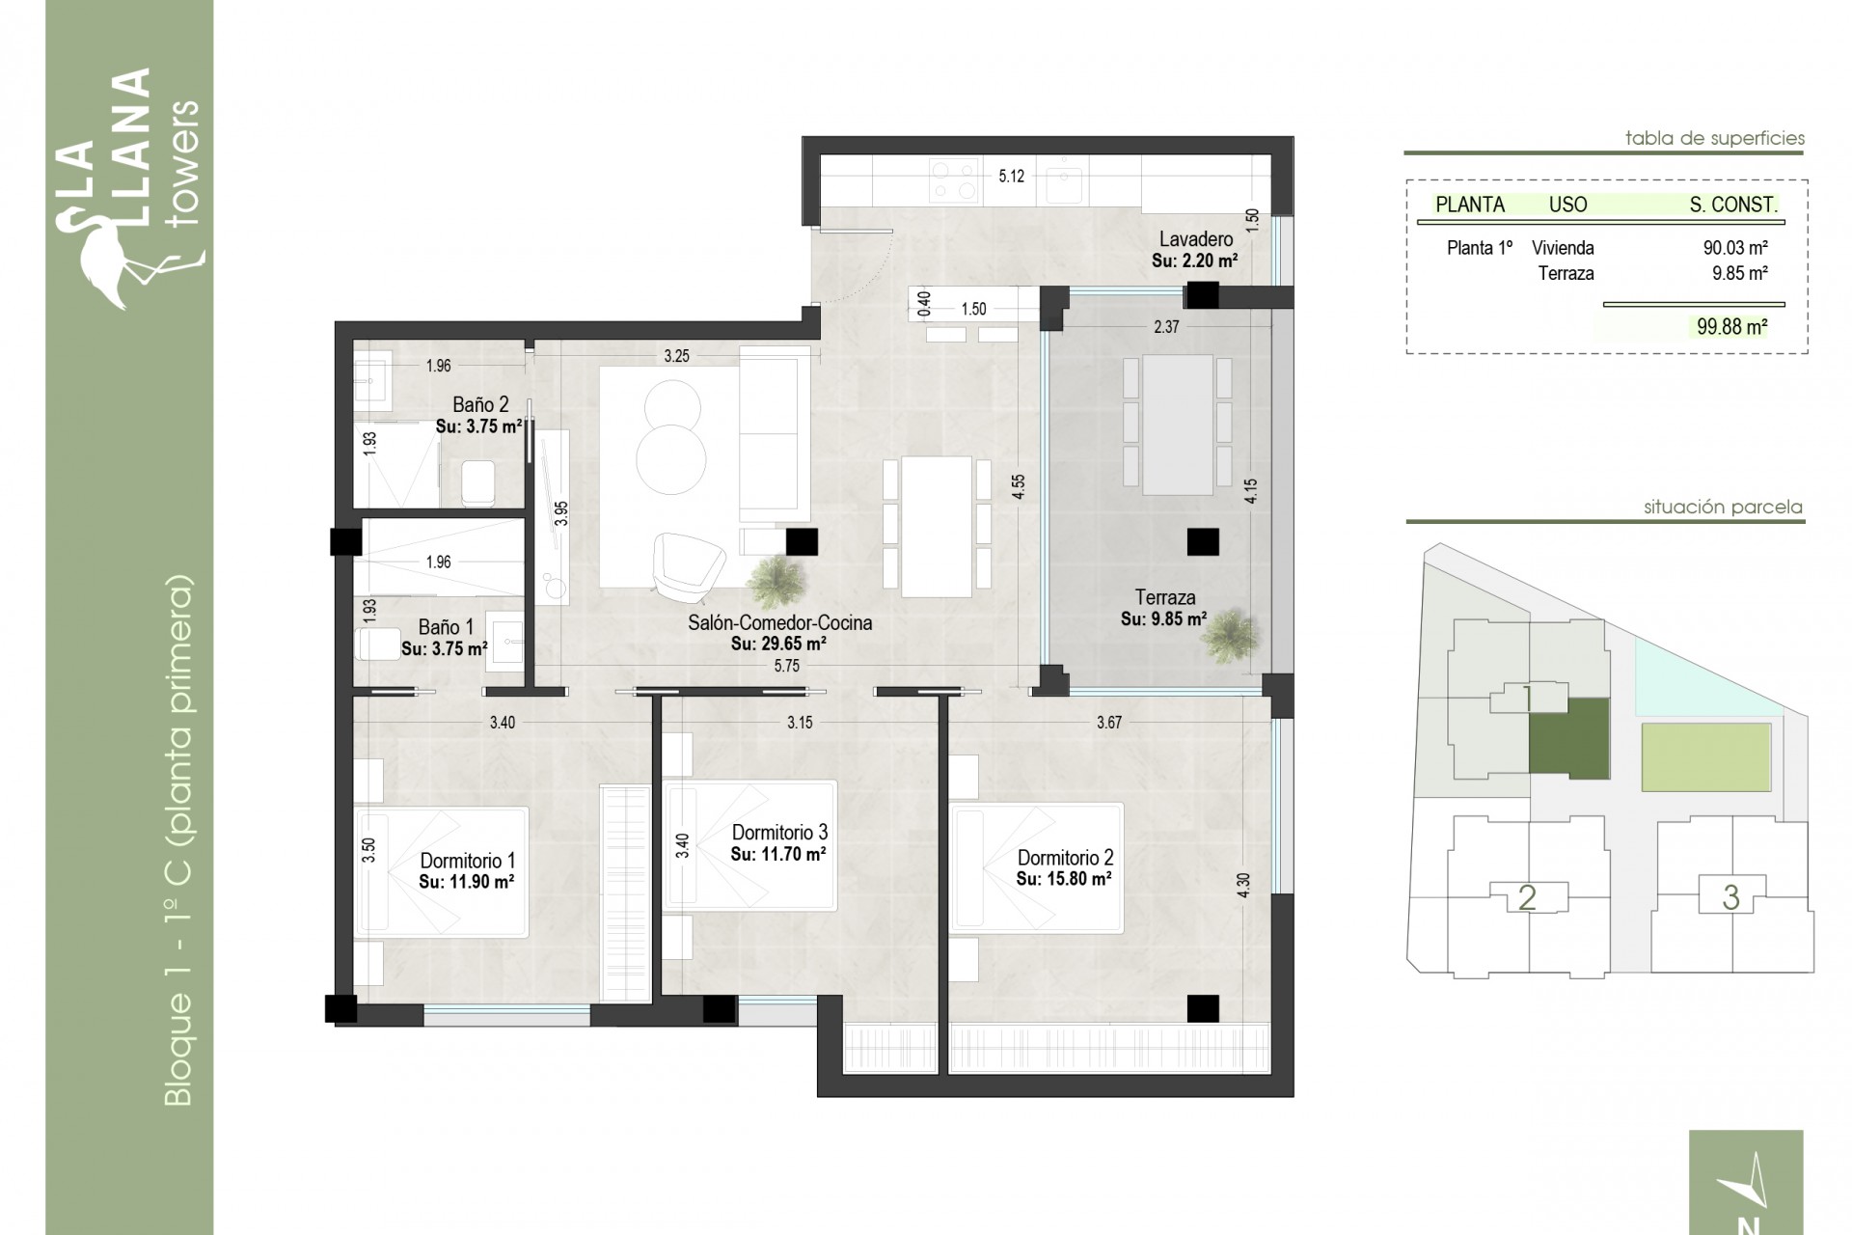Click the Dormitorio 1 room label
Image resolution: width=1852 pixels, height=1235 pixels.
[x=467, y=860]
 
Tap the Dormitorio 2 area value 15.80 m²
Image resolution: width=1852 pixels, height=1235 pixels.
[x=1063, y=879]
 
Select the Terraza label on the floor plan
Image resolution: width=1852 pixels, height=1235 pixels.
[x=1164, y=597]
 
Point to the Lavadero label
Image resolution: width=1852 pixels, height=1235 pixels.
[x=1195, y=239]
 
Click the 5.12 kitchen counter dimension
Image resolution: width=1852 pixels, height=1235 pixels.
[x=1011, y=177]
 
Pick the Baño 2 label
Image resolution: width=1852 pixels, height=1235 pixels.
[x=479, y=405]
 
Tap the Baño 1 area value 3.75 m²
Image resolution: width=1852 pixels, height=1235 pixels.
[x=444, y=649]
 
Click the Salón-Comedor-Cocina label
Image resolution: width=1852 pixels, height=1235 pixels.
[x=779, y=622]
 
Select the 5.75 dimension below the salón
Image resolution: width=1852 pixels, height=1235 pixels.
[x=786, y=666]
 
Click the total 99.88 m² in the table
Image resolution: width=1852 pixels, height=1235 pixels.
[x=1731, y=327]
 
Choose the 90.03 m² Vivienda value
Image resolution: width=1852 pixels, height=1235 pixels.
[x=1734, y=248]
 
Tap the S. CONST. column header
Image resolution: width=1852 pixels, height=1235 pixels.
[x=1732, y=205]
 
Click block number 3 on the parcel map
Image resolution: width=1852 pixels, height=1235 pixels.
[x=1730, y=897]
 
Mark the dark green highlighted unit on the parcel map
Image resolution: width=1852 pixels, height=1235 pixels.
[x=1569, y=739]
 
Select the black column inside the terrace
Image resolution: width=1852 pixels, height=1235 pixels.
[x=1202, y=542]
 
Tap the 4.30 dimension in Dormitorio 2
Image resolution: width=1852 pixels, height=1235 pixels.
[x=1243, y=886]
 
